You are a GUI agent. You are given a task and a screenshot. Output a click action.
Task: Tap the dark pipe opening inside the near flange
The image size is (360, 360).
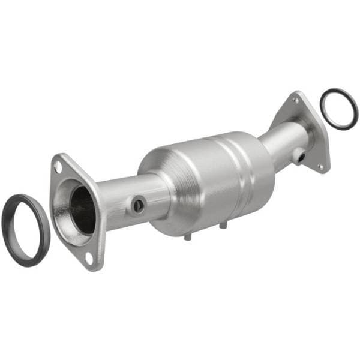[82, 208]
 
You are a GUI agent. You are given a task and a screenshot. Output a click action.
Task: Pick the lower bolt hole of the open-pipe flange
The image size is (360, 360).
[89, 259]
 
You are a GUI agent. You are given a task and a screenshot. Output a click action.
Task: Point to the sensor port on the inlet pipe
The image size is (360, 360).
[137, 205]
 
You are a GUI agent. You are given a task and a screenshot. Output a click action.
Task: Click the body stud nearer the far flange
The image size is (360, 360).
[223, 226]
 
